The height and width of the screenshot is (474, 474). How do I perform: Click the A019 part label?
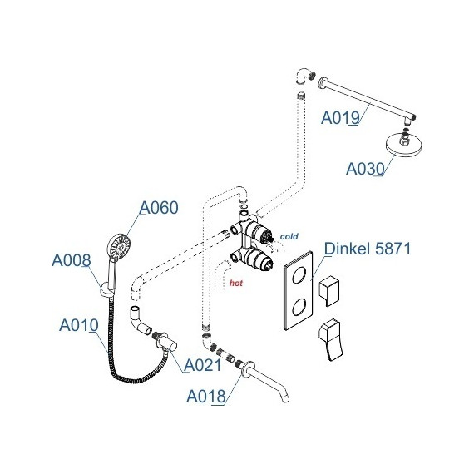[x=340, y=117]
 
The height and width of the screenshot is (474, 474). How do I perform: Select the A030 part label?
[x=365, y=169]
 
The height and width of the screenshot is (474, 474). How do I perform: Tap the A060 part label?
[x=159, y=208]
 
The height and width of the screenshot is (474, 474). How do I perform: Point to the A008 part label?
[x=72, y=260]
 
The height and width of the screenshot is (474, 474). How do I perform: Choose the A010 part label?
[x=79, y=325]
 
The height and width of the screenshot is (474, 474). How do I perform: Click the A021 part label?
[x=203, y=365]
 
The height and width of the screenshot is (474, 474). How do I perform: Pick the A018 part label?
[x=206, y=397]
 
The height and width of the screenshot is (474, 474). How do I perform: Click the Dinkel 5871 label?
[x=368, y=249]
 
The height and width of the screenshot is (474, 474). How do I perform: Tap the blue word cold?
[x=289, y=236]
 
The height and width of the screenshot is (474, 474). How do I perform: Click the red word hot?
[x=236, y=283]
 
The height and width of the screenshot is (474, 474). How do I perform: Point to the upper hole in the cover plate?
[x=299, y=275]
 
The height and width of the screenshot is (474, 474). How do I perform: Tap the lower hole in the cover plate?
[x=299, y=306]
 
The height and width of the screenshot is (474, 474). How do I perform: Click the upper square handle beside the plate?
[x=329, y=290]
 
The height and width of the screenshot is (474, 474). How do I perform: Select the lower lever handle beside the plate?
[x=331, y=339]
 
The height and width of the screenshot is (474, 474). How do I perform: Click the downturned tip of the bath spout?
[x=285, y=399]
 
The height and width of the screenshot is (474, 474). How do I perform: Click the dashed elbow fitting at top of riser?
[x=303, y=77]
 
